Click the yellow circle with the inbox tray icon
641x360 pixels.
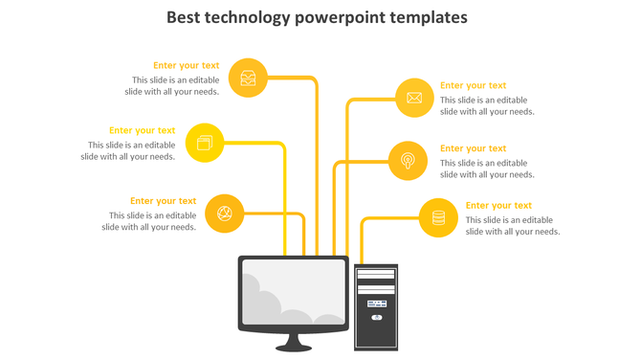(249, 78)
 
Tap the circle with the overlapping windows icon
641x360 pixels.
(204, 144)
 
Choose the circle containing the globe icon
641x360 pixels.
(225, 213)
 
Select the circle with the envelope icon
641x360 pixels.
(414, 98)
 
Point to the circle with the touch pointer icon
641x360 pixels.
(408, 160)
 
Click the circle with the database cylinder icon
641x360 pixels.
(438, 217)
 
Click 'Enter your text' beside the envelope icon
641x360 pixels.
(473, 85)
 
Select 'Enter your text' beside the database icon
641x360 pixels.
(498, 205)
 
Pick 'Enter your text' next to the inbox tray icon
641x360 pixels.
(186, 66)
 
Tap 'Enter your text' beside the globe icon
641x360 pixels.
(164, 201)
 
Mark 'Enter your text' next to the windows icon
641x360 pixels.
(142, 130)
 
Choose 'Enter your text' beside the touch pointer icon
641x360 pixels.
(473, 148)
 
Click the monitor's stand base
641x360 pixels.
(295, 346)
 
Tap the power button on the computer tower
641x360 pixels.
(376, 316)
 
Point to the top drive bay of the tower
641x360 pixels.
(376, 274)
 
